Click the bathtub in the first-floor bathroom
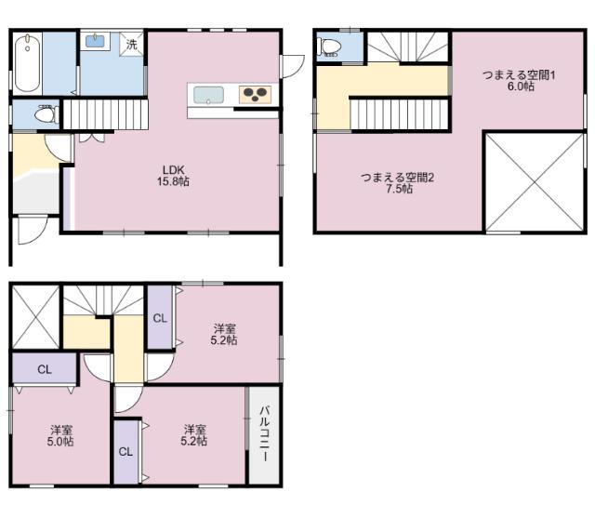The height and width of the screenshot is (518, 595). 28,63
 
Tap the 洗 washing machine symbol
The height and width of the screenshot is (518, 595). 132,44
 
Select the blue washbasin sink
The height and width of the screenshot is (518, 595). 95,41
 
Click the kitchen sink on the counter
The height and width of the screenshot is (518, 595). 208,95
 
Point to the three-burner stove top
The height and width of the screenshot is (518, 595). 255,95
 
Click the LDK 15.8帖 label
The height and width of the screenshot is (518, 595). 174,176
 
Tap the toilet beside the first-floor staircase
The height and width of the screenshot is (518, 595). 46,113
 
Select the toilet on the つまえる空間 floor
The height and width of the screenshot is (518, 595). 331,47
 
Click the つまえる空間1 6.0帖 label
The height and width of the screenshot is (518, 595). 519,81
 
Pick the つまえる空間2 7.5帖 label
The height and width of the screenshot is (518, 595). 397,183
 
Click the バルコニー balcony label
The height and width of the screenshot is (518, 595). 264,433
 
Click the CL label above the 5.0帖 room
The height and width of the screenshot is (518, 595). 45,369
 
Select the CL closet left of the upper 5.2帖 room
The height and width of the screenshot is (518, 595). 160,318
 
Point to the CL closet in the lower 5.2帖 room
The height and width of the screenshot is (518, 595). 126,452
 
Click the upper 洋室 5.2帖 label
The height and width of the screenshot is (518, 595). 224,334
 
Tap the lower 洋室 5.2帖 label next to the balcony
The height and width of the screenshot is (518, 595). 194,435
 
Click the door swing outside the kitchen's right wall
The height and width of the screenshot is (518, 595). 293,67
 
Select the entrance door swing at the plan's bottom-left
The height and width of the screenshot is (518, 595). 33,231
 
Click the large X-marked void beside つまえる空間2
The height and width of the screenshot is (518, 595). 535,181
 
